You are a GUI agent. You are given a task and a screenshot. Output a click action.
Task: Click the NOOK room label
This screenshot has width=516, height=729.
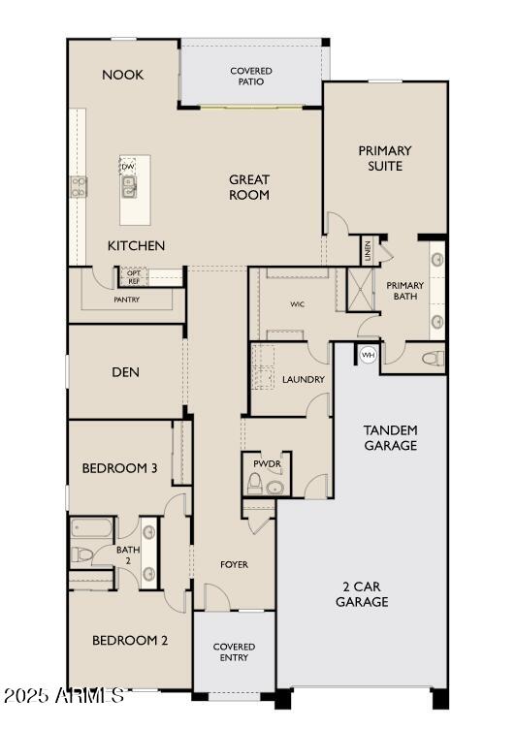point(123,75)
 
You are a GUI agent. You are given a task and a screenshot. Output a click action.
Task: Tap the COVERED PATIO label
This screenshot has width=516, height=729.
point(250,76)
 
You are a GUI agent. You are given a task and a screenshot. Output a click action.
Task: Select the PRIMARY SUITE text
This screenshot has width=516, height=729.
point(385,158)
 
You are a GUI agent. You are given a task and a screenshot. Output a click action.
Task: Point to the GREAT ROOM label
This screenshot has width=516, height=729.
point(249,187)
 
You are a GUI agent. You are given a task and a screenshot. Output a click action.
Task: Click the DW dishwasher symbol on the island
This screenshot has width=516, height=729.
point(128,167)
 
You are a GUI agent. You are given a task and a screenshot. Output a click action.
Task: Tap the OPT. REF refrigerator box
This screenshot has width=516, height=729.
point(133,277)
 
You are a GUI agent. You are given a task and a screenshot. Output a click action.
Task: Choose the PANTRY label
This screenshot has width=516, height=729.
point(126,300)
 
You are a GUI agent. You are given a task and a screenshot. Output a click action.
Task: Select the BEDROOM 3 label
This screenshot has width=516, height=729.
point(120,469)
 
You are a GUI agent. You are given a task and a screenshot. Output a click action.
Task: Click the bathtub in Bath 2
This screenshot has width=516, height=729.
point(92,530)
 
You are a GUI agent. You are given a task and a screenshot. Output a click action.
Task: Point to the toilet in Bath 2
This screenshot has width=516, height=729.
point(82,555)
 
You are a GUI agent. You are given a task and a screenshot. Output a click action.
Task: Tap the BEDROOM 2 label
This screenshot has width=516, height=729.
point(130,640)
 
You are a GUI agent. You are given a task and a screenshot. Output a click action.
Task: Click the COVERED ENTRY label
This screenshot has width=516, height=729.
point(234,651)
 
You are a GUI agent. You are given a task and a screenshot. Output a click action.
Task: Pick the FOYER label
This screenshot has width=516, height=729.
point(234,564)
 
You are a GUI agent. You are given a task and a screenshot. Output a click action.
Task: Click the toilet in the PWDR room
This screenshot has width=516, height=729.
point(255,485)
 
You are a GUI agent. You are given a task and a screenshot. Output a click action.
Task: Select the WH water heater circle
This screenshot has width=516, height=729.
point(368,355)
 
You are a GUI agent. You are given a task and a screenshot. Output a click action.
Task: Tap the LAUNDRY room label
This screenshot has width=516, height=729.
point(303,379)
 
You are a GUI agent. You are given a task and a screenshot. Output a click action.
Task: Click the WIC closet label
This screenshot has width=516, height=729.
point(298,303)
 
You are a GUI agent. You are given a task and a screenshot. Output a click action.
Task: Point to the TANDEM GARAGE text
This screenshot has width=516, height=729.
point(391,437)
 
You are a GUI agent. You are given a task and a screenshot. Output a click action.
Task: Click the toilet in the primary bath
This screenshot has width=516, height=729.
point(433,358)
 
